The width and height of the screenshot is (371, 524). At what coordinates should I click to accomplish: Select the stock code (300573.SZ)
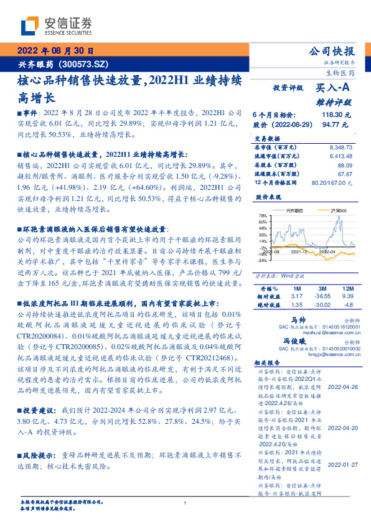(83, 64)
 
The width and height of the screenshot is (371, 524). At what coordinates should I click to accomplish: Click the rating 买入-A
(334, 88)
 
